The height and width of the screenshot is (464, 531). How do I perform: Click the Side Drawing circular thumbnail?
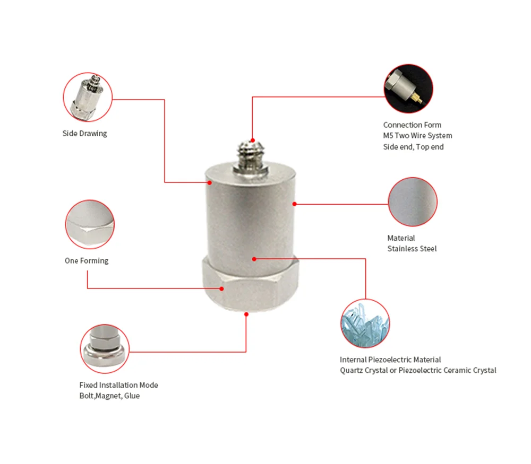coord(88,97)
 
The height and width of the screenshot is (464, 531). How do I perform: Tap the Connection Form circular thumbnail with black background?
coord(408,89)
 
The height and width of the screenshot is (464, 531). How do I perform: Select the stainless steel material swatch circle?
coord(413,202)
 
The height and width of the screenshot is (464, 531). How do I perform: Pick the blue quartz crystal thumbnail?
coord(365,323)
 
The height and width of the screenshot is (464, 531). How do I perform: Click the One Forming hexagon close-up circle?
coord(90,224)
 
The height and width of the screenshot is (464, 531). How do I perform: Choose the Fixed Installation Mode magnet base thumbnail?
coord(105,349)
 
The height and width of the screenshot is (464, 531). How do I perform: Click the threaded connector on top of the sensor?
coord(251,156)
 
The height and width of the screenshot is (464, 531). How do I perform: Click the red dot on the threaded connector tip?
coord(253,141)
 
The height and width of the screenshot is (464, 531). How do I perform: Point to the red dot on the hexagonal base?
coord(221,288)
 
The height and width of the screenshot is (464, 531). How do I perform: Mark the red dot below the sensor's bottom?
coord(246,314)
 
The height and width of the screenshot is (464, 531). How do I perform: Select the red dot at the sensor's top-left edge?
coord(210,182)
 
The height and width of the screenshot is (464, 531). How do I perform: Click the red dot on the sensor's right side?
coord(295,204)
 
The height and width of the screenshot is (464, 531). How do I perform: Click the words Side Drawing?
coord(84,134)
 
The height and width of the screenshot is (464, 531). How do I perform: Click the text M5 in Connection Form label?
coord(388,136)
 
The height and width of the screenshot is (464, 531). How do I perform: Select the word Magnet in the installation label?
coord(108,396)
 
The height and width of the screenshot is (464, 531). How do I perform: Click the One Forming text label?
coord(87,261)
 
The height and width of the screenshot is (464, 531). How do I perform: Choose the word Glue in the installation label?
coord(132,396)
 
